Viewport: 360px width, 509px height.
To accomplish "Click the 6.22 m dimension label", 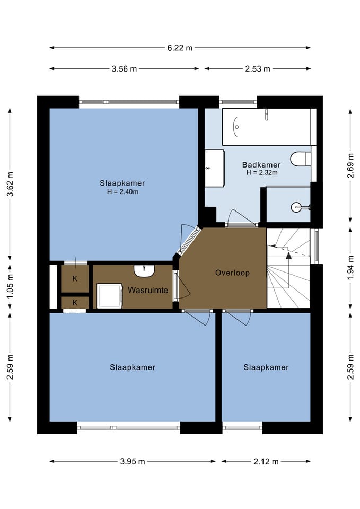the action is (x=180, y=48).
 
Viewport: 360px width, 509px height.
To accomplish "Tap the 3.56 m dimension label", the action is (x=124, y=69).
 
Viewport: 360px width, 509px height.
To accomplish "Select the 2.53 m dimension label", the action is (x=258, y=69).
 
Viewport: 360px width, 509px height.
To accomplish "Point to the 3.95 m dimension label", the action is (x=133, y=461).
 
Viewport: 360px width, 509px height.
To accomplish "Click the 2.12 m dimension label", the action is (x=266, y=461).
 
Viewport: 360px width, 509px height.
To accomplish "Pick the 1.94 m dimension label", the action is (x=350, y=268).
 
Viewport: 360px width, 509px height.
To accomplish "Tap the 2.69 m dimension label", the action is (x=350, y=165).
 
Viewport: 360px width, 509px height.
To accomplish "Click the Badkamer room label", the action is (x=261, y=164).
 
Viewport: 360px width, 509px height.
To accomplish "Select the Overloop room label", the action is (x=232, y=273).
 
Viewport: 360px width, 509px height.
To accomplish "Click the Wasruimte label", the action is (x=148, y=290).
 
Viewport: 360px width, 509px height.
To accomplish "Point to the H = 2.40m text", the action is (x=122, y=192).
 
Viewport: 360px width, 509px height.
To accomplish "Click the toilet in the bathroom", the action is (x=301, y=159).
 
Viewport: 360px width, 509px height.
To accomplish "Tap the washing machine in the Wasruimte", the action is (x=110, y=295).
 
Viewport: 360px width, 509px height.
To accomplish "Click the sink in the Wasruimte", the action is (x=144, y=271).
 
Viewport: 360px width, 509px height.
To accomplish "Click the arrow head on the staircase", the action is (x=288, y=256).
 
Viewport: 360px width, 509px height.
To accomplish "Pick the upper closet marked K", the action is (x=75, y=278).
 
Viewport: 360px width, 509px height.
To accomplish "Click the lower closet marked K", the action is (x=75, y=303).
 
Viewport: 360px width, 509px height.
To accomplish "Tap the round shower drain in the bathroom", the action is (x=296, y=207).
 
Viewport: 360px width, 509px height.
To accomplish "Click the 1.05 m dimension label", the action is (x=10, y=287).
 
